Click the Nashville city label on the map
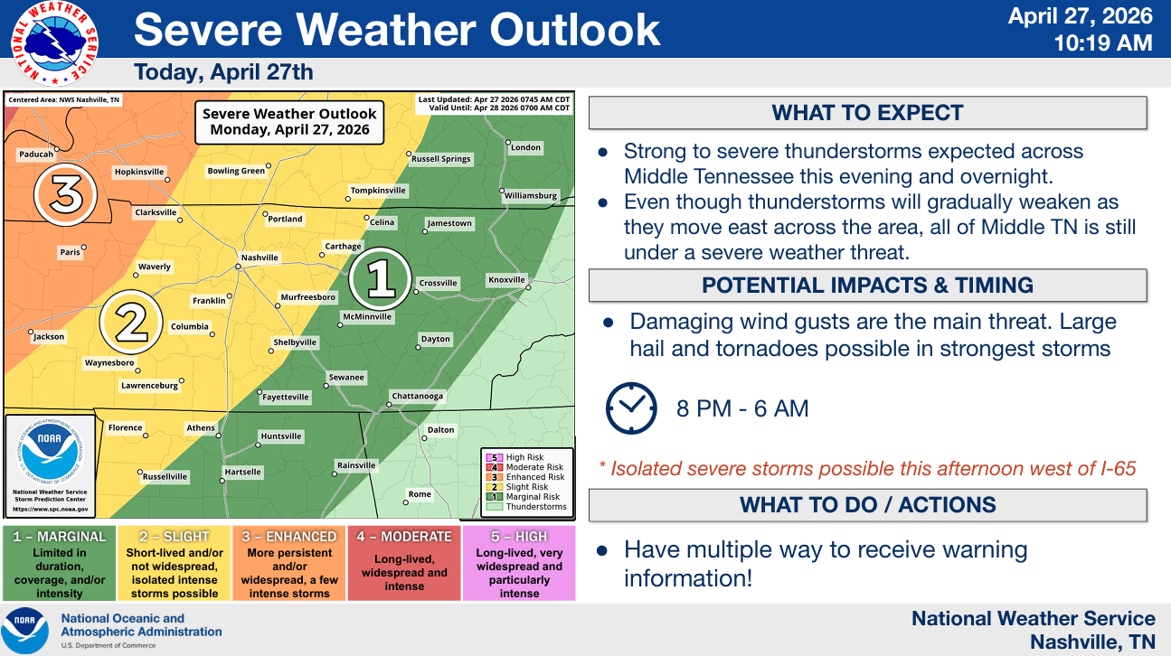pyautogui.click(x=260, y=258)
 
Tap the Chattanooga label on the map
pyautogui.click(x=418, y=396)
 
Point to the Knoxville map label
pyautogui.click(x=506, y=279)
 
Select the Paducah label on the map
pyautogui.click(x=36, y=155)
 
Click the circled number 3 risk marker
pyautogui.click(x=65, y=194)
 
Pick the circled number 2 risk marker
pyautogui.click(x=131, y=323)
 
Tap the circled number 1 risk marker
pyautogui.click(x=380, y=279)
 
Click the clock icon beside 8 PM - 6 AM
pyautogui.click(x=631, y=408)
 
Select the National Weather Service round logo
pyautogui.click(x=54, y=42)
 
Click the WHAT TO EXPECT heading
pyautogui.click(x=867, y=113)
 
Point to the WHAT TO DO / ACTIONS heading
pyautogui.click(x=867, y=505)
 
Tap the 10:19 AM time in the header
pyautogui.click(x=1103, y=42)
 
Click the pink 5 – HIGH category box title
pyautogui.click(x=519, y=537)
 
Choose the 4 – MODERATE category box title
pyautogui.click(x=404, y=537)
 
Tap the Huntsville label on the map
pyautogui.click(x=281, y=436)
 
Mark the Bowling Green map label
pyautogui.click(x=236, y=171)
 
